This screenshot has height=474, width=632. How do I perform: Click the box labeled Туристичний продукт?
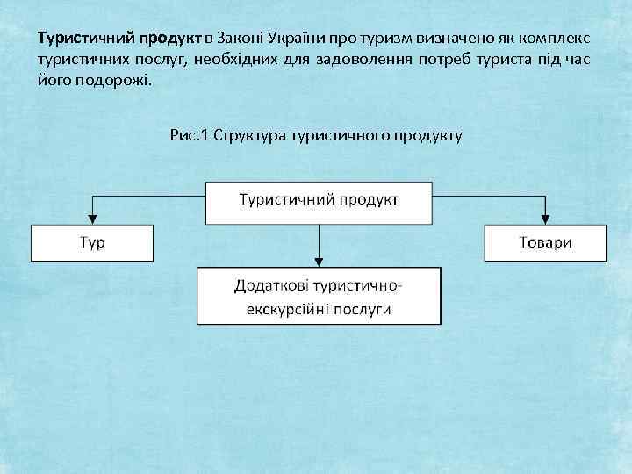tap(319, 199)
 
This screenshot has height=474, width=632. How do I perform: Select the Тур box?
tap(92, 242)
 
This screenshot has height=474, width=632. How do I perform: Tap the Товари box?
tap(544, 242)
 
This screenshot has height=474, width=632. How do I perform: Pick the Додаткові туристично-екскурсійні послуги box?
tap(319, 297)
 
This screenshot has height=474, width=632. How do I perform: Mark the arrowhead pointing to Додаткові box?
tap(319, 260)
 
